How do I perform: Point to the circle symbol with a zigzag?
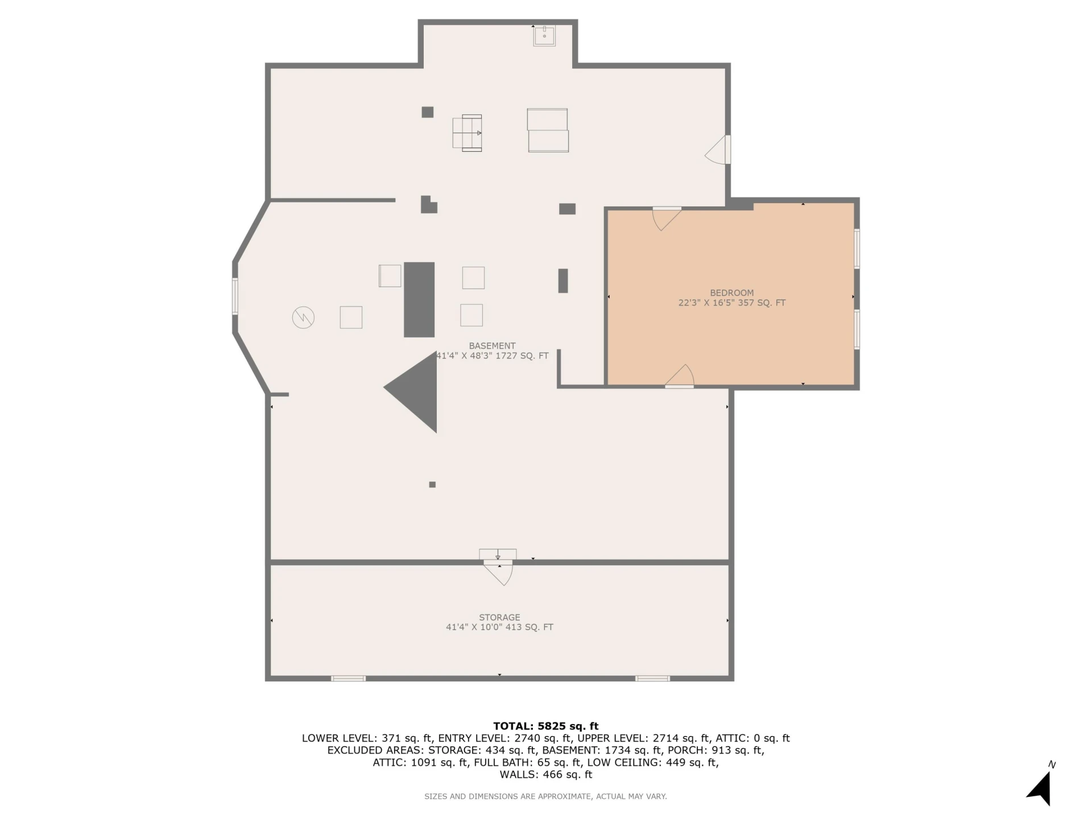(x=303, y=317)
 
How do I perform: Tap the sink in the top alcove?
(x=544, y=36)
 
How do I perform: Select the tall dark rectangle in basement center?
(x=419, y=300)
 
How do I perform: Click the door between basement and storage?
(x=498, y=572)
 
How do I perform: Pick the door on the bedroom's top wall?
(x=667, y=219)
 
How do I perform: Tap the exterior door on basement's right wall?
(x=718, y=150)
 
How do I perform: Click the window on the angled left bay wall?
(x=235, y=296)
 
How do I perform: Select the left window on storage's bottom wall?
(x=348, y=678)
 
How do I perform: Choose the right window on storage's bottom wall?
(x=652, y=678)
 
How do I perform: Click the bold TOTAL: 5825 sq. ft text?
(x=546, y=726)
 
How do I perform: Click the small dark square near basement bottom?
(x=432, y=485)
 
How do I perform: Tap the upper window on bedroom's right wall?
(x=857, y=248)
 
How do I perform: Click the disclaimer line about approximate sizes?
(x=545, y=796)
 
